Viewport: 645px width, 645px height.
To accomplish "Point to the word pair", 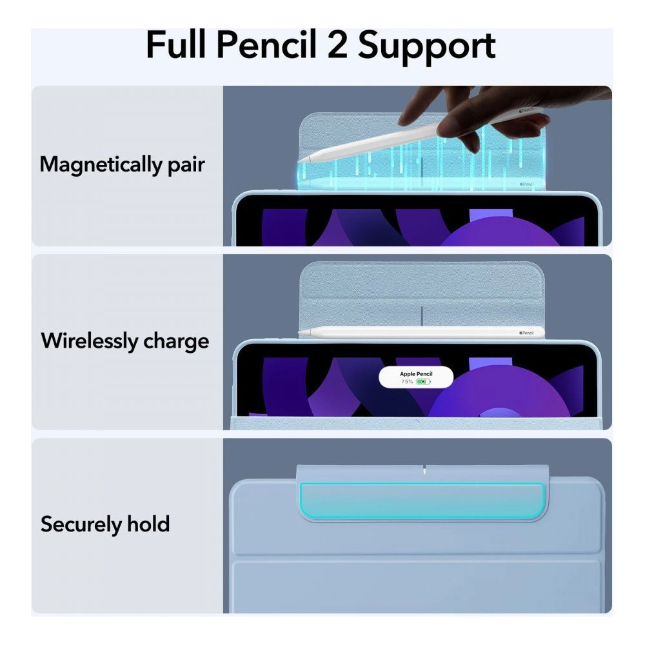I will [x=183, y=165].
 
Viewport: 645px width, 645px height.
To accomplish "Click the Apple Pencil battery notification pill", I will [x=416, y=377].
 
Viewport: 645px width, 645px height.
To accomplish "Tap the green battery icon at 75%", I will [x=423, y=382].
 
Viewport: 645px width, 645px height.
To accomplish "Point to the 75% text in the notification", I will [x=407, y=382].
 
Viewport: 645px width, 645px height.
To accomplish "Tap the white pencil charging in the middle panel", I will [x=419, y=332].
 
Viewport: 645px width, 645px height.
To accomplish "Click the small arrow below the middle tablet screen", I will [x=416, y=421].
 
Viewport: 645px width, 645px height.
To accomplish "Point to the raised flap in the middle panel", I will [x=422, y=293].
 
